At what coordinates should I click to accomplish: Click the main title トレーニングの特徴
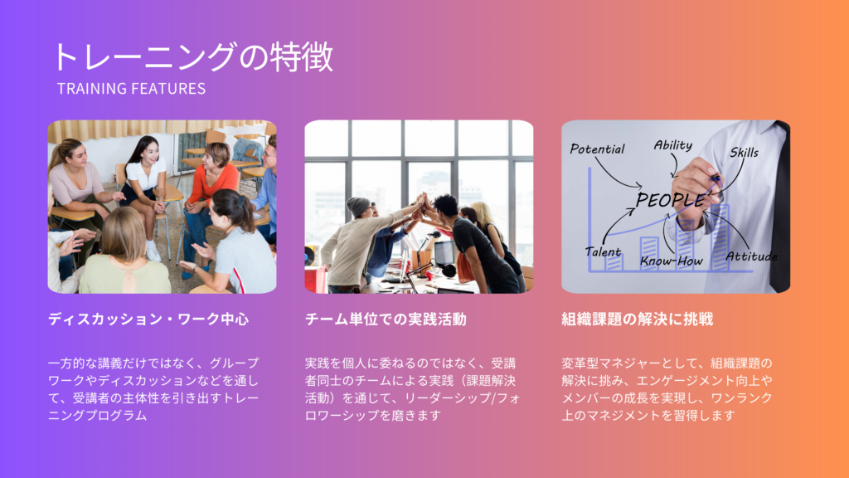pos(192,57)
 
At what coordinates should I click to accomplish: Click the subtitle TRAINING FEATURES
pos(132,89)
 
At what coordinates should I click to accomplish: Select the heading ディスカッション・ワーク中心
pos(148,319)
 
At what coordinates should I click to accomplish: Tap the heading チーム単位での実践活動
pos(386,319)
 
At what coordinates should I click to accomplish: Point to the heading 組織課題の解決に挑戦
pos(638,319)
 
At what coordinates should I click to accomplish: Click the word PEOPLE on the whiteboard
pos(670,200)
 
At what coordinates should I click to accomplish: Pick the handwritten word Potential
pos(597,149)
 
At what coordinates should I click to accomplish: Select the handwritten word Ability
pos(673,145)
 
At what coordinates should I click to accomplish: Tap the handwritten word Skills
pos(744,153)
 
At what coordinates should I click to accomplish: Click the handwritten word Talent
pos(603,252)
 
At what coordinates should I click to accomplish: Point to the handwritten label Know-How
pos(672,261)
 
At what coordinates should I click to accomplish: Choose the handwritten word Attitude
pos(751,256)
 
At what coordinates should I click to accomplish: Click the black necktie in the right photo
pos(780,208)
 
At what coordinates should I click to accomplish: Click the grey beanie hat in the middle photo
pos(357,206)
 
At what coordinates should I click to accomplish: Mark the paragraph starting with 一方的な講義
pos(153,389)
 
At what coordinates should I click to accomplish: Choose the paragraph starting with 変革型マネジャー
pos(667,389)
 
